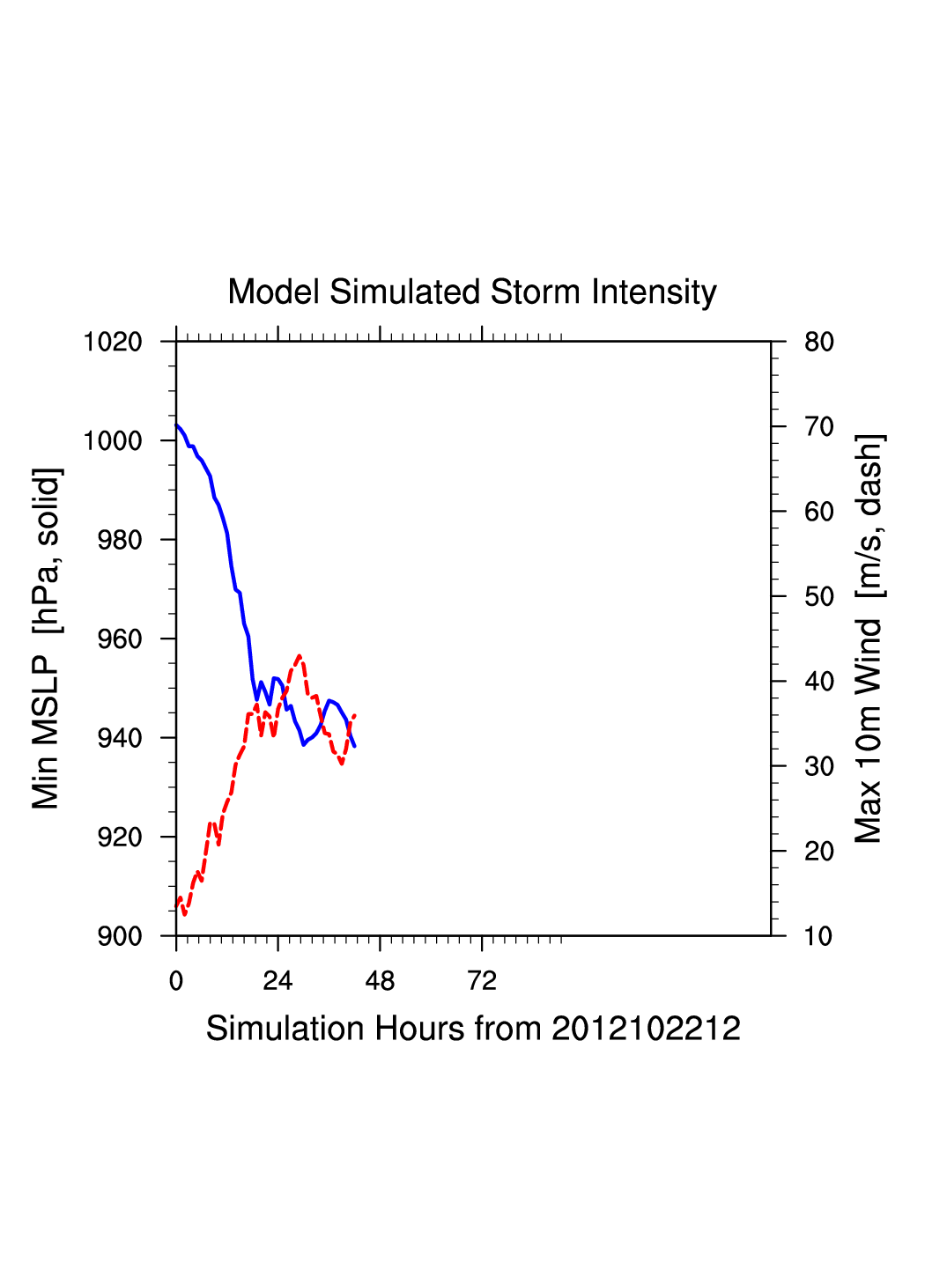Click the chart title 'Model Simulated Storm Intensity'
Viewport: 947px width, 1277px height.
pos(472,292)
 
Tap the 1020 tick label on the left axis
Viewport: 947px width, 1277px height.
pos(113,342)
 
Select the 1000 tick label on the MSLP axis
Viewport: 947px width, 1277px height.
pos(113,440)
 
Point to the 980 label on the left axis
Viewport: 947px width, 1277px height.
pos(120,540)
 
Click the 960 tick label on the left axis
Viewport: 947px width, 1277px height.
pos(120,639)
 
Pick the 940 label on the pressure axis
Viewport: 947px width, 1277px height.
pos(120,738)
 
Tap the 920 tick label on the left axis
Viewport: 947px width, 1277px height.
pos(120,838)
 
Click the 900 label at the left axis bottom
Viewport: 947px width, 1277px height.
pos(120,936)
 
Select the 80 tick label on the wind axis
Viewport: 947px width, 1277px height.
pos(819,342)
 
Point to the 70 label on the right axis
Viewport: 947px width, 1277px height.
pos(819,427)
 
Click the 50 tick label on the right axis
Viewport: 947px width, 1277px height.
pos(819,597)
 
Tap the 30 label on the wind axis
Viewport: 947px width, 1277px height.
pos(819,766)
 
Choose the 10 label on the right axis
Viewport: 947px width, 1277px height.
pos(819,936)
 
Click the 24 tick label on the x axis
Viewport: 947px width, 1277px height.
pos(277,981)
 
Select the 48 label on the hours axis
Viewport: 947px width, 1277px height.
pos(380,981)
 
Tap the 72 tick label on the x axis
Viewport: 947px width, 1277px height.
pos(482,981)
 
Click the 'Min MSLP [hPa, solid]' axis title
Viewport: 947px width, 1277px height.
pos(47,638)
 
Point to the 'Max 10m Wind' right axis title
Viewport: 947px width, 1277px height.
pos(869,638)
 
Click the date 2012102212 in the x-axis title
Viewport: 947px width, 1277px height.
pos(646,1029)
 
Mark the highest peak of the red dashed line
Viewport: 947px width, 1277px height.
pos(300,656)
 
